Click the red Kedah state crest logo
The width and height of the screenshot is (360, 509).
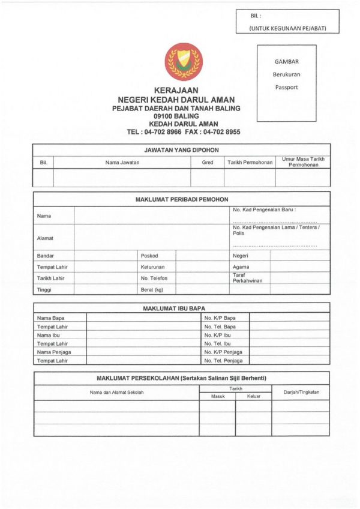pyautogui.click(x=183, y=61)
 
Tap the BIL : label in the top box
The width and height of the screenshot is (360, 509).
pyautogui.click(x=257, y=16)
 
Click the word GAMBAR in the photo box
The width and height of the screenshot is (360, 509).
pyautogui.click(x=286, y=61)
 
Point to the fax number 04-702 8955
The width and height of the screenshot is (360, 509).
pyautogui.click(x=221, y=131)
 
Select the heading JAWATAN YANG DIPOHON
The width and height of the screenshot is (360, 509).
pyautogui.click(x=181, y=149)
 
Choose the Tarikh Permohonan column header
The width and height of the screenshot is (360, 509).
pyautogui.click(x=250, y=163)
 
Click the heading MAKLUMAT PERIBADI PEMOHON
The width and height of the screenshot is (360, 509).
pyautogui.click(x=181, y=199)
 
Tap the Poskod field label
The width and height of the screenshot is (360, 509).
pyautogui.click(x=149, y=256)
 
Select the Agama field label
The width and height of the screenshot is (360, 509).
pyautogui.click(x=241, y=267)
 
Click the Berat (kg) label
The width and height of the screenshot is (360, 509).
pyautogui.click(x=152, y=290)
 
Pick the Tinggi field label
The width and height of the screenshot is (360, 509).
pyautogui.click(x=44, y=290)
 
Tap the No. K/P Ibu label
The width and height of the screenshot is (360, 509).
pyautogui.click(x=218, y=335)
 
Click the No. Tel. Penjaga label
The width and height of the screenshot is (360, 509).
pyautogui.click(x=223, y=361)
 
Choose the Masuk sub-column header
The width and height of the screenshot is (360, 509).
pyautogui.click(x=217, y=396)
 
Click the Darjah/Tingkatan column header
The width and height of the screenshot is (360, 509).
pyautogui.click(x=301, y=393)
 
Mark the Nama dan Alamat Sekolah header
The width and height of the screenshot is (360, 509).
pyautogui.click(x=116, y=393)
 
